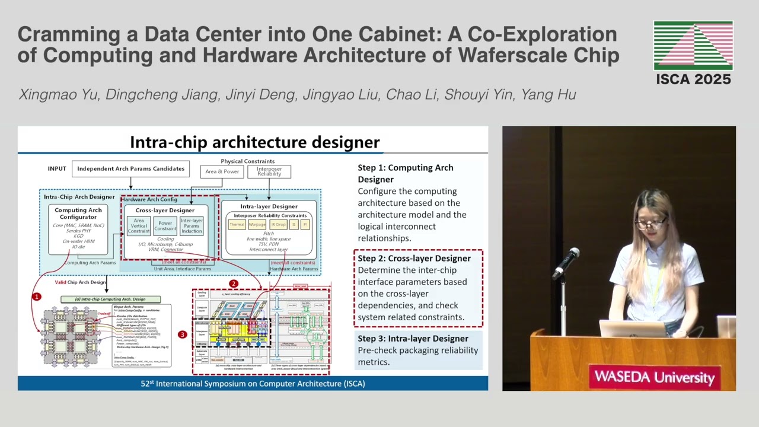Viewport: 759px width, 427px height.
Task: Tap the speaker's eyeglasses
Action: pos(650,224)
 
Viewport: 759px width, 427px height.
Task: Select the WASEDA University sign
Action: pos(654,377)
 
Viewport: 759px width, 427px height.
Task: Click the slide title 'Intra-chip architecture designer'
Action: pos(254,142)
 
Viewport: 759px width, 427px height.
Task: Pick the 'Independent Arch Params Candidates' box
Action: pos(130,168)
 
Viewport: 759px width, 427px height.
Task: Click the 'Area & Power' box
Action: pos(222,171)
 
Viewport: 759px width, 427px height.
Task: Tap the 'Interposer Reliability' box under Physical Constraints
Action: pos(269,171)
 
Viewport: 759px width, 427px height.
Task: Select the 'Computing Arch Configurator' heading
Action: pos(78,213)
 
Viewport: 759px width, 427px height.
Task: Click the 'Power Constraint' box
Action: pos(165,226)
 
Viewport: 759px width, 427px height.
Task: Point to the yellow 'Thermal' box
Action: pos(237,225)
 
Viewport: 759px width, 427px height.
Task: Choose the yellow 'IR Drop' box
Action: pos(278,225)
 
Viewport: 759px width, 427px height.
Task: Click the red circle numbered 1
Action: pos(37,296)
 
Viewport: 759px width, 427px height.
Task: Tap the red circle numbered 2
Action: pos(234,284)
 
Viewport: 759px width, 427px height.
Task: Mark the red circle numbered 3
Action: pos(182,334)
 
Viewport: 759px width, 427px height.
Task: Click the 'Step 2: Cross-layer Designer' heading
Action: pos(414,258)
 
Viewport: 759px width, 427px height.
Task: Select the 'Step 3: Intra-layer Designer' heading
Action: pos(413,338)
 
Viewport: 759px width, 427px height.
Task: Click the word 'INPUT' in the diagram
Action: pos(57,168)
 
